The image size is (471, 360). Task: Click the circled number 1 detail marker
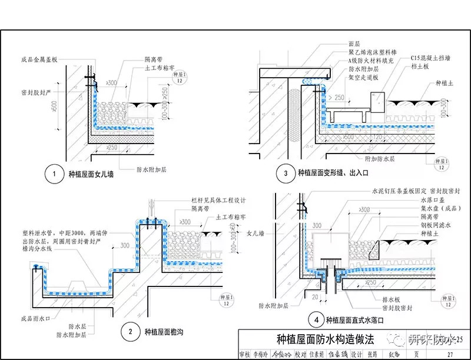click(x=54, y=174)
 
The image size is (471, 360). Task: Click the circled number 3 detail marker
click(x=286, y=173)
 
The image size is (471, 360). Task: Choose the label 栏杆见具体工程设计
click(x=207, y=201)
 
